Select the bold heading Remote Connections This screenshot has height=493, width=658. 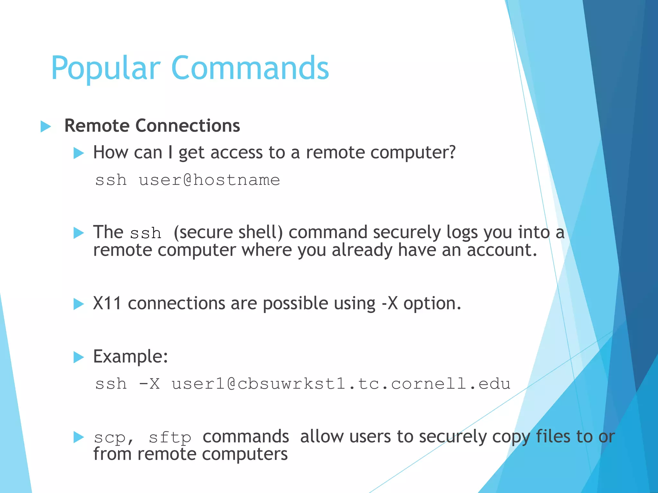[152, 125]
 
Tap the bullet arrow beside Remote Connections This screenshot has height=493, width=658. [46, 126]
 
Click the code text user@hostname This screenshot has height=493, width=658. [209, 180]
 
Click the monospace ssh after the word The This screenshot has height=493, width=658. [146, 233]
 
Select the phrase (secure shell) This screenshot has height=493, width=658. [228, 232]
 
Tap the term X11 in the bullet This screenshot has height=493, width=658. [107, 303]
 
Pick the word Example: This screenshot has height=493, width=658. [130, 357]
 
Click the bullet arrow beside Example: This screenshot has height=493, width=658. [78, 357]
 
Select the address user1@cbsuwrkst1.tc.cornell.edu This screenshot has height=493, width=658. [341, 384]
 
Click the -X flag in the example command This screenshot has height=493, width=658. [149, 384]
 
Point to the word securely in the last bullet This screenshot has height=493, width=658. [453, 437]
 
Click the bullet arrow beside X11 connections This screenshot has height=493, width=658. [78, 304]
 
